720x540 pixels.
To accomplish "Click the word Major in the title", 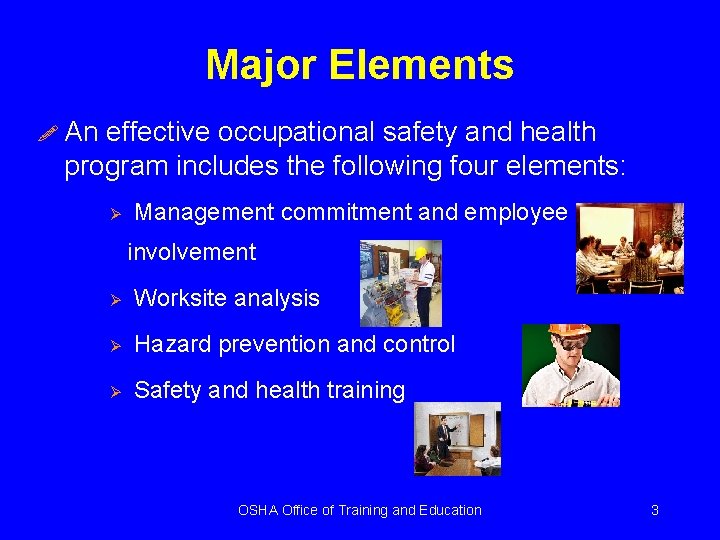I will (260, 66).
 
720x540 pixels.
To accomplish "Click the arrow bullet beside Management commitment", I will (114, 213).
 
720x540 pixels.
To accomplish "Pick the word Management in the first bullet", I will (204, 212).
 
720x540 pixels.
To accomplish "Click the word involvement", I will (191, 252).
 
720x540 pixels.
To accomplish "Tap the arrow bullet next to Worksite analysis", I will (114, 299).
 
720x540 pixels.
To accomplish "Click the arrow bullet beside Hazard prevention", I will (114, 345).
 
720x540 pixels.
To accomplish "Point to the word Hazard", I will (170, 345).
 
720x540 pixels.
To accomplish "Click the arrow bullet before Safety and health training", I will (114, 391).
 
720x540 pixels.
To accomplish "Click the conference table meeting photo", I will (630, 248).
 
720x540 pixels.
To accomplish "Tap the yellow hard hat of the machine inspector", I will (421, 251).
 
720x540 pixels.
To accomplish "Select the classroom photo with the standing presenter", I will (457, 438).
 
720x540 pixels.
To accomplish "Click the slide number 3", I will (654, 510).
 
